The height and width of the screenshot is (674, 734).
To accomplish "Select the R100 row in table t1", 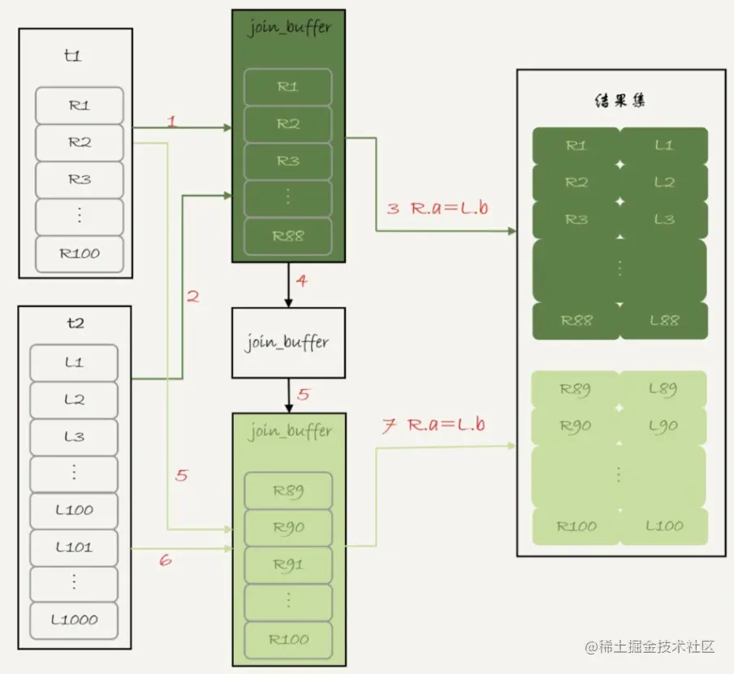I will pyautogui.click(x=80, y=253).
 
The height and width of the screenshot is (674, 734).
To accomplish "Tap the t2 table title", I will pyautogui.click(x=74, y=322).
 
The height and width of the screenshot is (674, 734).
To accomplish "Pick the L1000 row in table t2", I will pyautogui.click(x=75, y=620).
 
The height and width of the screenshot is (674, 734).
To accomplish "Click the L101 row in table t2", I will pyautogui.click(x=75, y=547).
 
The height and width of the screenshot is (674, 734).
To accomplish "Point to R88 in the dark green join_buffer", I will pyautogui.click(x=288, y=235).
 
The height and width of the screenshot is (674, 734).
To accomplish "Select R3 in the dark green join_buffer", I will pyautogui.click(x=288, y=161).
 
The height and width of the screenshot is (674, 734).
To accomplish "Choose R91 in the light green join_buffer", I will pyautogui.click(x=289, y=564).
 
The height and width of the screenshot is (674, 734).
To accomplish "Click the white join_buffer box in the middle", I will pyautogui.click(x=287, y=342).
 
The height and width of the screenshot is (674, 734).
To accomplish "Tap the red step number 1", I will pyautogui.click(x=171, y=122).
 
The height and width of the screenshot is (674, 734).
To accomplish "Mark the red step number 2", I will pyautogui.click(x=192, y=297).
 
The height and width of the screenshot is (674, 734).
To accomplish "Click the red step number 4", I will pyautogui.click(x=302, y=283).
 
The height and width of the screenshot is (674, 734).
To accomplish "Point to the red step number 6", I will pyautogui.click(x=165, y=560).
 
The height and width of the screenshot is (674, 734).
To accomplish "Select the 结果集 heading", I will pyautogui.click(x=620, y=102).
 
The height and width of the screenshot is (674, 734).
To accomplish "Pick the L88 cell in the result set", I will pyautogui.click(x=664, y=320).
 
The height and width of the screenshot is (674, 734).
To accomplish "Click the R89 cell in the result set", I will pyautogui.click(x=576, y=389).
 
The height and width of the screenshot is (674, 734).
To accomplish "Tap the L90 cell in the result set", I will pyautogui.click(x=664, y=426).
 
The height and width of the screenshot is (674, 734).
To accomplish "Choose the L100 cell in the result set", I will pyautogui.click(x=664, y=525).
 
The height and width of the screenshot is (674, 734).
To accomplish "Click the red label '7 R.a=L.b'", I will pyautogui.click(x=434, y=425).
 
